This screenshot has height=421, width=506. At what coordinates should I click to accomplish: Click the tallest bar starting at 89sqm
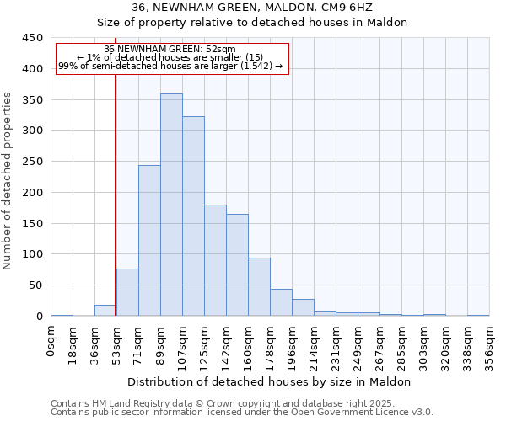coord(171,205)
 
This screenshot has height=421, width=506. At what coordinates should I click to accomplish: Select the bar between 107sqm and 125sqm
coord(193,216)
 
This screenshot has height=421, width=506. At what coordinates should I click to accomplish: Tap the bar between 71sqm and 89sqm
coord(149,241)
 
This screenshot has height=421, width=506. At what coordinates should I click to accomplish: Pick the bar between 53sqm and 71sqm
coord(127,292)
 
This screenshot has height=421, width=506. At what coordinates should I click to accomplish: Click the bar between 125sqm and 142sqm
coord(215,260)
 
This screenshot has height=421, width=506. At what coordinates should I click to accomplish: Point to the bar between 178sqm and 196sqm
coord(281,302)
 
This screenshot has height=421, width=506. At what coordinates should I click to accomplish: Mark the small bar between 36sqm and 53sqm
coord(105,311)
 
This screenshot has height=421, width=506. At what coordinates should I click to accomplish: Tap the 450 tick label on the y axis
coord(33,38)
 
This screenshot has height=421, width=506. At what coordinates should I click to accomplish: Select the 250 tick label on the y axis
coord(33,162)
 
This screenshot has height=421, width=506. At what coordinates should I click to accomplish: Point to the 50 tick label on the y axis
coord(36,285)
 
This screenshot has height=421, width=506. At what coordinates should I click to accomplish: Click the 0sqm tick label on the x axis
coord(51,341)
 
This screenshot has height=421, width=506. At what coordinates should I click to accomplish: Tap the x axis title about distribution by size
coord(270,381)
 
